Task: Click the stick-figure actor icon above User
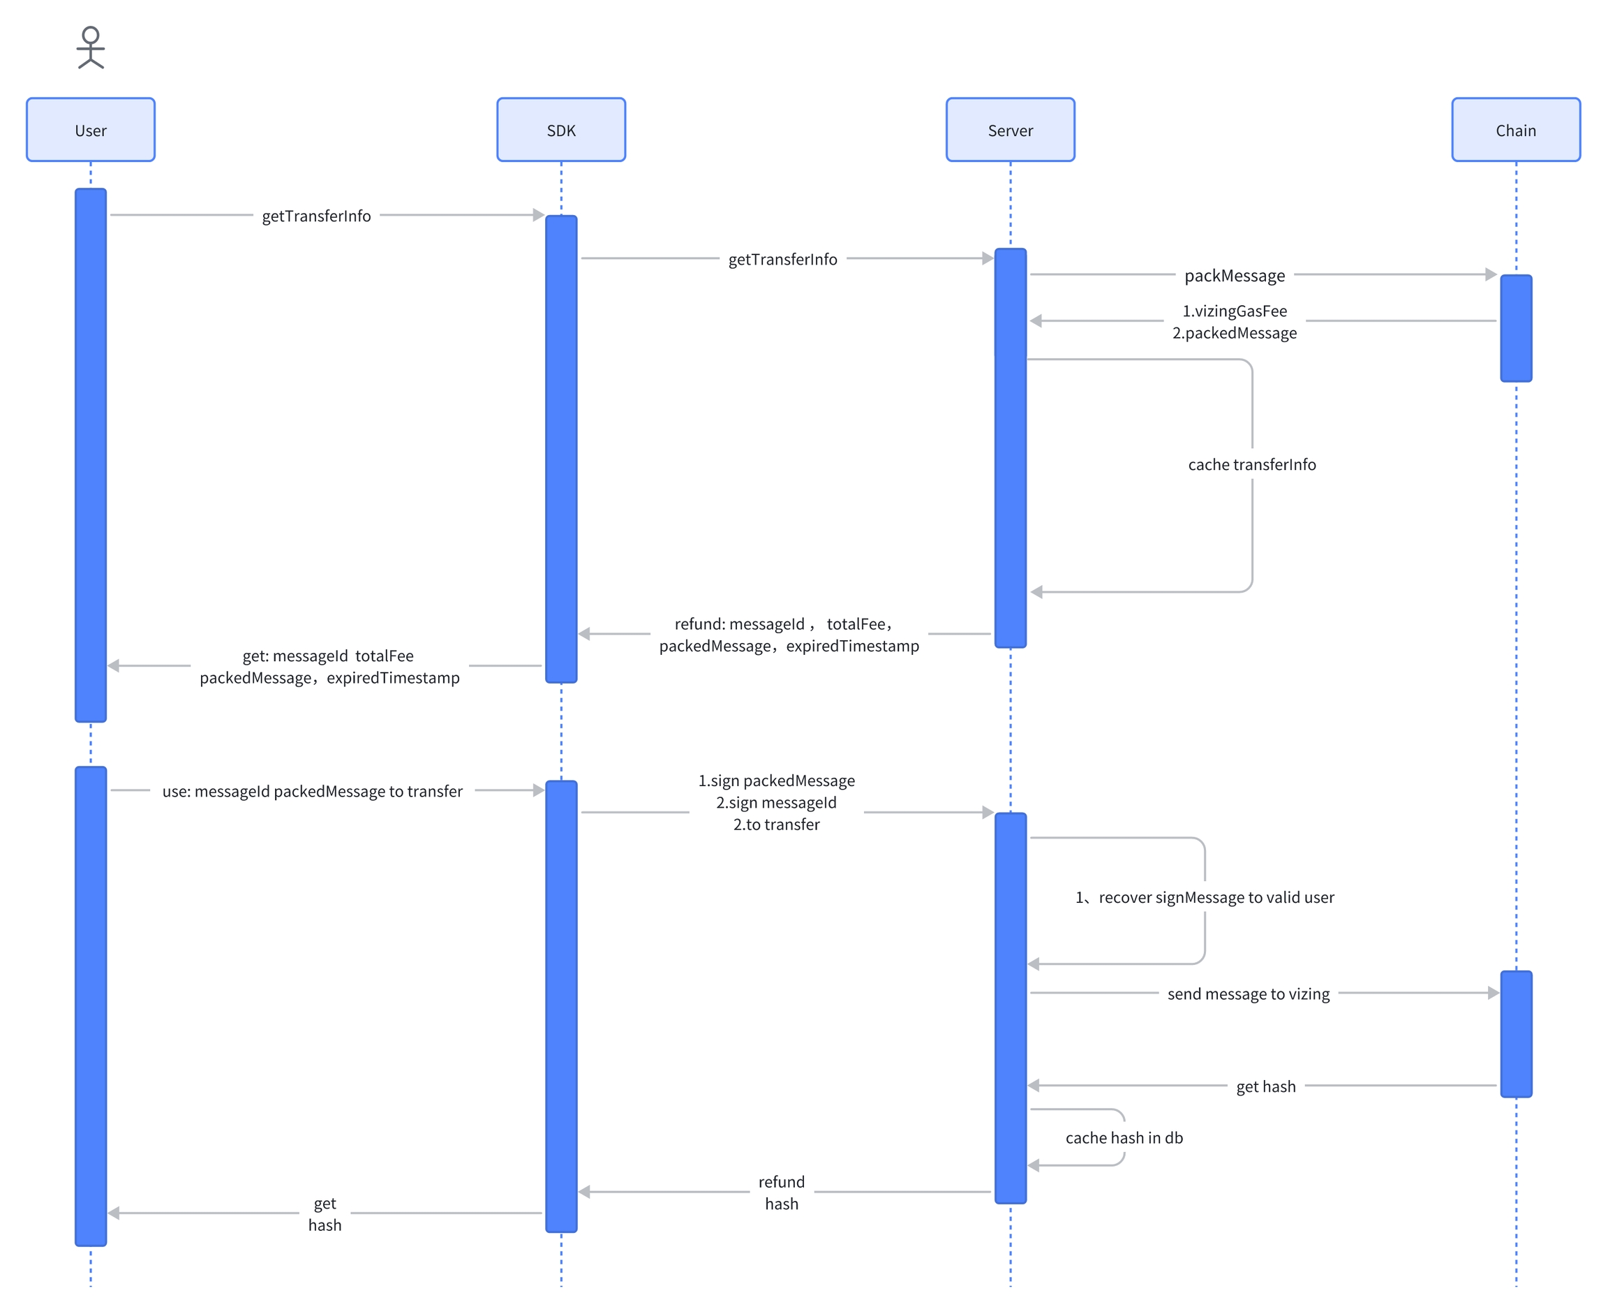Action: (x=91, y=47)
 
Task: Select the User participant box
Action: (x=91, y=129)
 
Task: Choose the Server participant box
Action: (x=1010, y=129)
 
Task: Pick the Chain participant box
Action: (x=1515, y=129)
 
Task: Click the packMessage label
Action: (x=1234, y=276)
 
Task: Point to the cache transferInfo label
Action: (x=1251, y=464)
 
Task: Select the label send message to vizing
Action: (x=1248, y=993)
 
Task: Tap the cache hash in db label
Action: (x=1124, y=1137)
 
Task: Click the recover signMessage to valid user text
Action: (x=1215, y=897)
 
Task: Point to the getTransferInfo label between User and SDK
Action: (x=316, y=216)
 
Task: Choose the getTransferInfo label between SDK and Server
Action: (x=782, y=259)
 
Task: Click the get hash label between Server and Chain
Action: (x=1265, y=1086)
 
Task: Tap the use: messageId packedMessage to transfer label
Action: (x=312, y=791)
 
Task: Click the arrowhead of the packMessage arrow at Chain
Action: (x=1491, y=274)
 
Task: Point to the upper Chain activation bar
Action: (x=1516, y=327)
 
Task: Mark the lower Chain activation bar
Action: (x=1516, y=1033)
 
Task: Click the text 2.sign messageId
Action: (x=776, y=802)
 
